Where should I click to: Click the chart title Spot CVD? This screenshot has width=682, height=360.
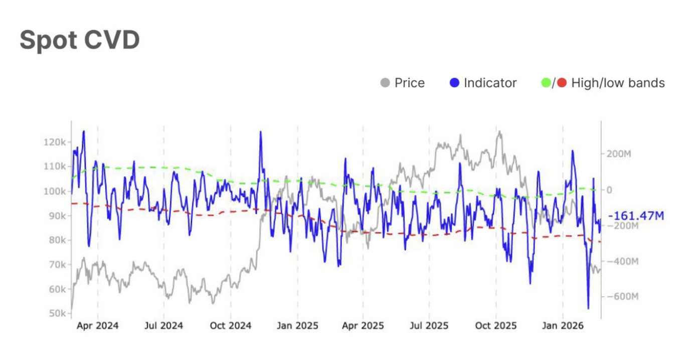click(x=79, y=41)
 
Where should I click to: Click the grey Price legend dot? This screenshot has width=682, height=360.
click(x=385, y=83)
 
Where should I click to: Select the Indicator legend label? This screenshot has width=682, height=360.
click(x=490, y=83)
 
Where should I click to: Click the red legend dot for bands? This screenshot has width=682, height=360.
click(x=562, y=83)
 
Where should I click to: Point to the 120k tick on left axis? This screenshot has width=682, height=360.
click(x=55, y=142)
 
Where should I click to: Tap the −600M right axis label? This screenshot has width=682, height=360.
click(x=621, y=296)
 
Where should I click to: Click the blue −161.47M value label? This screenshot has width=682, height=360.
click(x=636, y=216)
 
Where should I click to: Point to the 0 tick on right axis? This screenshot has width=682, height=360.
click(x=609, y=190)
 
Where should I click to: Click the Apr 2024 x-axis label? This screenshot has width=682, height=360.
click(x=97, y=326)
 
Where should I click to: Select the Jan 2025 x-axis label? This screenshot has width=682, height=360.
click(x=297, y=326)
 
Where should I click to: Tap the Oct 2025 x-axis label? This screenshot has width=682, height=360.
click(x=495, y=326)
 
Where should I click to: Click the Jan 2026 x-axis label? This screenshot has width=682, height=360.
click(x=563, y=326)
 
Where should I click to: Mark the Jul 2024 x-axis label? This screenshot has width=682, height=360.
click(x=164, y=326)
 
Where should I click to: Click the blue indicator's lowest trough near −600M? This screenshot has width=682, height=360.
click(x=588, y=308)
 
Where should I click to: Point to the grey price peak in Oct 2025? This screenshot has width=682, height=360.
click(x=499, y=132)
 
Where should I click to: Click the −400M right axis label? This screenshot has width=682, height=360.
click(x=621, y=261)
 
